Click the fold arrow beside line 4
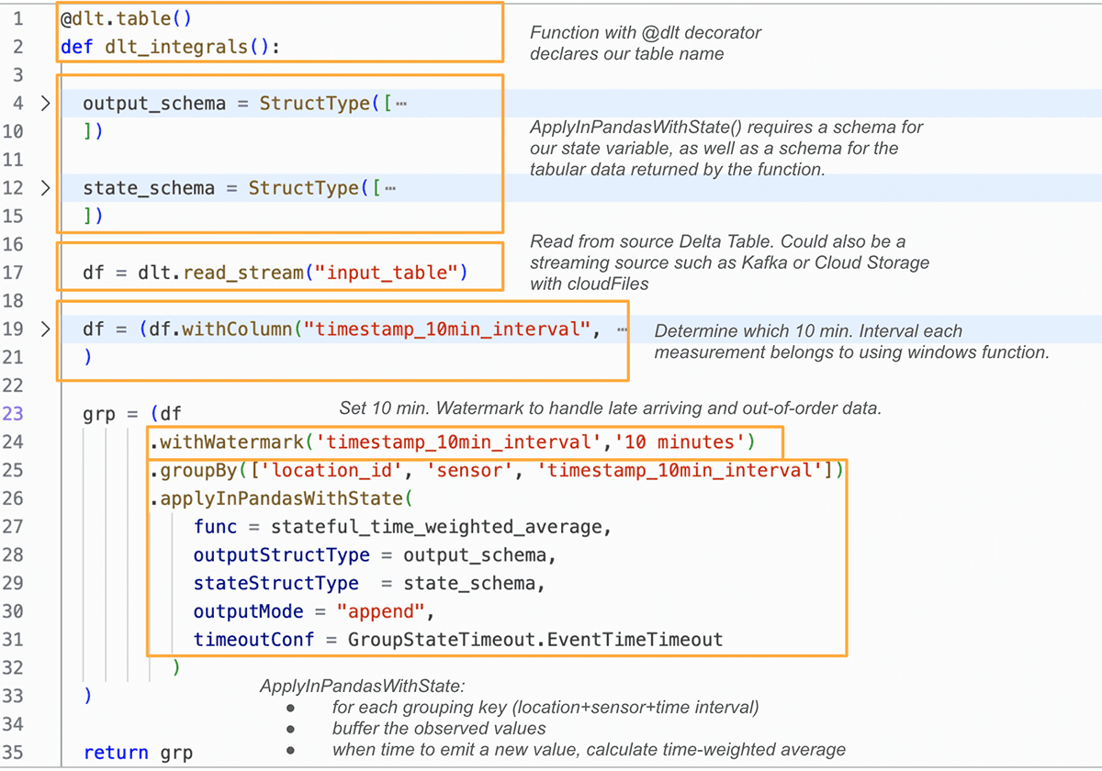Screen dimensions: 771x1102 (x=45, y=103)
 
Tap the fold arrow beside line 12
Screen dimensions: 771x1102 (x=45, y=188)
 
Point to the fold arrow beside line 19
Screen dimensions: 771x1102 (x=45, y=330)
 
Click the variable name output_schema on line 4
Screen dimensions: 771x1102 (x=153, y=103)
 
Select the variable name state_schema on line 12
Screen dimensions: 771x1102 (x=148, y=188)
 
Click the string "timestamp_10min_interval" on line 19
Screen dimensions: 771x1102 (x=449, y=330)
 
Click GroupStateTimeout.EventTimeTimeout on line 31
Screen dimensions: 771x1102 (x=534, y=640)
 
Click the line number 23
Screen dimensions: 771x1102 (x=14, y=414)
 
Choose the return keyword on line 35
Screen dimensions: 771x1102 (x=115, y=753)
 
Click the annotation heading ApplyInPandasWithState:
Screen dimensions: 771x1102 (x=363, y=687)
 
